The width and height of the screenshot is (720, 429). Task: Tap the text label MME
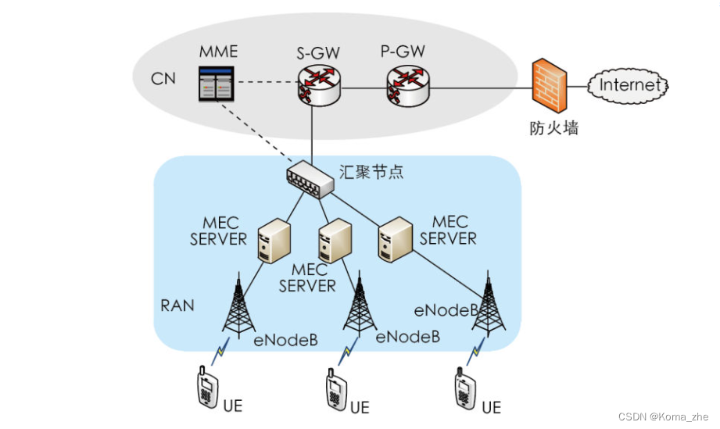[x=218, y=53]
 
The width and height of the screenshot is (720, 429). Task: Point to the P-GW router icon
[x=407, y=84]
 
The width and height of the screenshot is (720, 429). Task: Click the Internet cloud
[x=629, y=84]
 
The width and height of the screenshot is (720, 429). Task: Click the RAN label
[x=177, y=305]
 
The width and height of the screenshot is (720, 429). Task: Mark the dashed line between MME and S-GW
[x=266, y=82]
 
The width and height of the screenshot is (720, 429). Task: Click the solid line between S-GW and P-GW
[x=364, y=87]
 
